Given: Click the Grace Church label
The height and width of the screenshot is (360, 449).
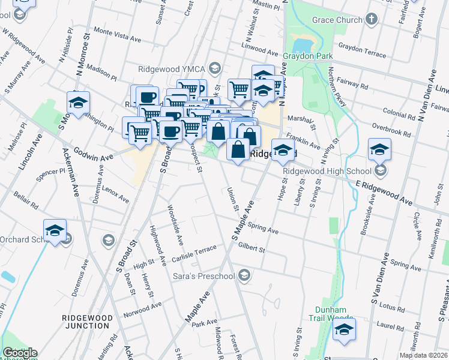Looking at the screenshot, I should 337,20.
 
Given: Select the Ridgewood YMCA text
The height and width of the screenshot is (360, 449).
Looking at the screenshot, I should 172,68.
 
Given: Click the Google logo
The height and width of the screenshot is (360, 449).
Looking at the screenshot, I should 20,353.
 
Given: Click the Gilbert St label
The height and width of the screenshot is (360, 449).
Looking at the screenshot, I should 252,246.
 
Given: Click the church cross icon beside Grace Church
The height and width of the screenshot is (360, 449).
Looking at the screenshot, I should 372,19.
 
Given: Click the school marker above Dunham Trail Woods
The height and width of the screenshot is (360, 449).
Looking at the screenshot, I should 344,331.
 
